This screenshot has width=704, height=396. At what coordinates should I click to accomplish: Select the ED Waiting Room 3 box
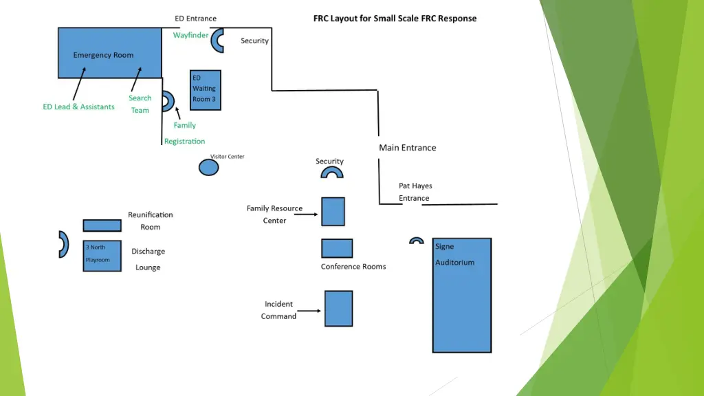tap(206, 89)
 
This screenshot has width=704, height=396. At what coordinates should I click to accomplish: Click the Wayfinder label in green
tap(190, 35)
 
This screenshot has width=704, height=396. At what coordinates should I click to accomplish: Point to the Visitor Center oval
tap(208, 166)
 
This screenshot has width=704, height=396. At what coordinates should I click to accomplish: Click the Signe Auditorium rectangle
tap(462, 296)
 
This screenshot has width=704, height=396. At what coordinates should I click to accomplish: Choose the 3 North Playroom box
tap(102, 256)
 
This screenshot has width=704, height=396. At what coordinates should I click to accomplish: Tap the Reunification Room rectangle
tap(102, 225)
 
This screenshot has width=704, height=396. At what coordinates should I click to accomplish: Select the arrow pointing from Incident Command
tap(310, 311)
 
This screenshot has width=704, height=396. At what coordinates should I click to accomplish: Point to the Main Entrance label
tap(407, 147)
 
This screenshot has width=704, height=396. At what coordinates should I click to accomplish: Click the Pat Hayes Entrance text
tap(415, 192)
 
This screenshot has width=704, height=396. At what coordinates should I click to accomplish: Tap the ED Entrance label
tap(195, 19)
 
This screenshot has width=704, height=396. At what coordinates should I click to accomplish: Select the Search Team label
tap(140, 104)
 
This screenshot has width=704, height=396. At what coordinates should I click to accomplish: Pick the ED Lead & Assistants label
tap(78, 107)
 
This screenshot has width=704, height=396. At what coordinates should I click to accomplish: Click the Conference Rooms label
tap(353, 267)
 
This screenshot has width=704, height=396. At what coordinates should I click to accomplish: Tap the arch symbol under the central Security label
tap(332, 173)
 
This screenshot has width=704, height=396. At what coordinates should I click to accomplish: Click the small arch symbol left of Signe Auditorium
tap(416, 241)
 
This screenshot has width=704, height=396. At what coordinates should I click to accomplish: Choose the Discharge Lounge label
tap(148, 259)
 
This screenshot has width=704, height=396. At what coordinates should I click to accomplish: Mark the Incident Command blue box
tap(338, 308)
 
